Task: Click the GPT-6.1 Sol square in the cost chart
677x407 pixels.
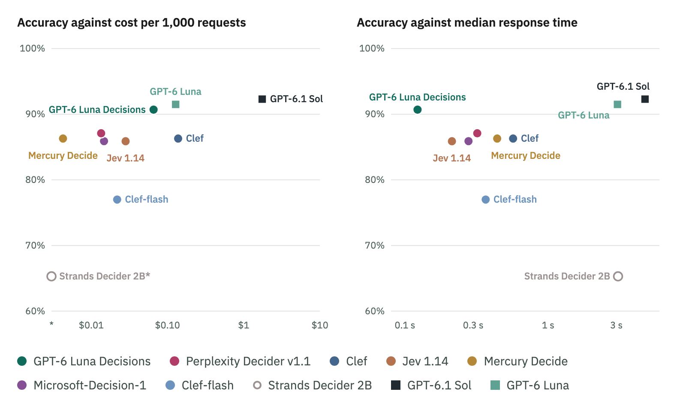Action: coord(262,99)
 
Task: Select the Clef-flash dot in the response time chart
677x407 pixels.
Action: coord(485,200)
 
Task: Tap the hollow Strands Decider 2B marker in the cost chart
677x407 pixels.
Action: coord(51,276)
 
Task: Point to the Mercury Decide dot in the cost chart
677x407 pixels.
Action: coord(63,139)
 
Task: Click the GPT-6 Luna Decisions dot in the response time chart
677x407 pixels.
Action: coord(417,109)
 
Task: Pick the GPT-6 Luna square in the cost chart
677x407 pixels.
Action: coord(176,104)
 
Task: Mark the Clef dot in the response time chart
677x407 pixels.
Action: coord(513,139)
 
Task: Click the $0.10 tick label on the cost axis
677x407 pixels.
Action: coord(168,325)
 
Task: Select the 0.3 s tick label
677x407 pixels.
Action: coord(473,325)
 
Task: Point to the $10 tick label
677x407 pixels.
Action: coord(320,325)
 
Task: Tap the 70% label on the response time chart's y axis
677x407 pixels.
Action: coord(375,246)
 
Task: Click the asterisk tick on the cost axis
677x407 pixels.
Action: coord(51,324)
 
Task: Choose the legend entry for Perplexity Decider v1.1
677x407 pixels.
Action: coord(240,361)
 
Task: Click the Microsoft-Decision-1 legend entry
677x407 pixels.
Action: coord(82,386)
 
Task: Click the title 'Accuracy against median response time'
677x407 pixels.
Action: coord(467,23)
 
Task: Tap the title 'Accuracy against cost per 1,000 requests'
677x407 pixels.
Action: coord(132,23)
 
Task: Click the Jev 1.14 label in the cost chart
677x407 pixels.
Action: coord(126,158)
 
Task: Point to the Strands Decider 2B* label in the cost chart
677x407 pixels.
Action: coord(105,276)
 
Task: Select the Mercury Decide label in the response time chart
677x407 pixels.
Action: coord(526,155)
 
